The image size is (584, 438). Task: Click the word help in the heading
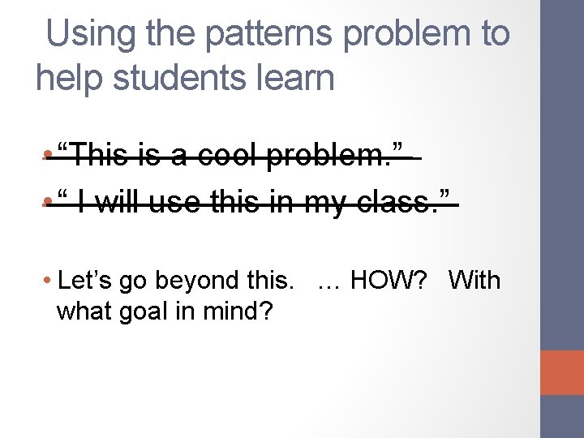pyautogui.click(x=66, y=78)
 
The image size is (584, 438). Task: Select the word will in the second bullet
pyautogui.click(x=119, y=200)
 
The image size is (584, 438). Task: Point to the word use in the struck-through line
pyautogui.click(x=175, y=200)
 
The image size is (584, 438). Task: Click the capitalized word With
pyautogui.click(x=474, y=281)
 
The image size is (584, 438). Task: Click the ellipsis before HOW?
pyautogui.click(x=329, y=281)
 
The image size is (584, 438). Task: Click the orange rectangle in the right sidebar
pyautogui.click(x=561, y=373)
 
